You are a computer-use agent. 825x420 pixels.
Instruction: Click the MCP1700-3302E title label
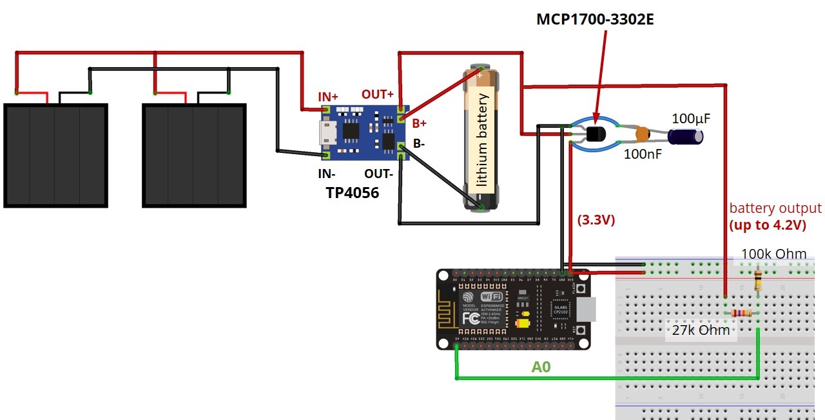595,20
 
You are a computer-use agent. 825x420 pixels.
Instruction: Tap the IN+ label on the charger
328,97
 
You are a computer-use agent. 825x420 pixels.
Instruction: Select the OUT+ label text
378,94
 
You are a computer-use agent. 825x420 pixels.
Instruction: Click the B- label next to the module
419,143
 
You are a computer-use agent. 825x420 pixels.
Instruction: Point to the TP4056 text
352,192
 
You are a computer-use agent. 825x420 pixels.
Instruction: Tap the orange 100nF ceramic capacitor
642,135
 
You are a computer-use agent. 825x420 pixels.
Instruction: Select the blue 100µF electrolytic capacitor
686,136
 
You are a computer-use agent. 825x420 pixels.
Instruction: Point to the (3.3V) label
596,220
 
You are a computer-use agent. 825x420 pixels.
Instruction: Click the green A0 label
541,367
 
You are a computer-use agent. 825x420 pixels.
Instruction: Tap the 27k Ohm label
701,330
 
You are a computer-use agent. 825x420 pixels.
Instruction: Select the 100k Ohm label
773,254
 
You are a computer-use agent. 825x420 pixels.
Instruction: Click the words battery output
775,208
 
